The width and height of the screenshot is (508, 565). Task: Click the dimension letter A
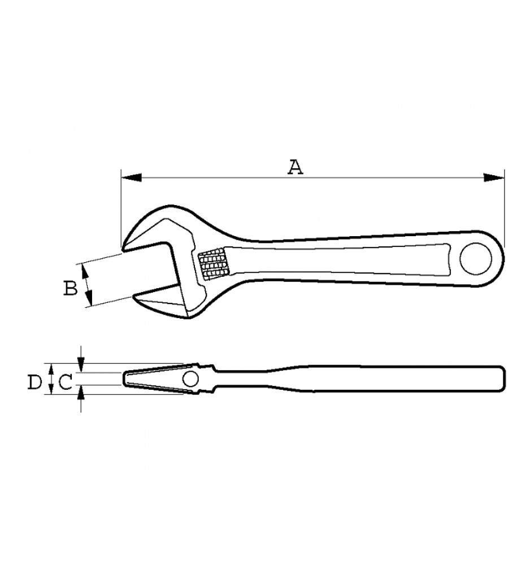tap(295, 168)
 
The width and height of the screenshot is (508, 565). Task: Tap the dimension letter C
tap(66, 382)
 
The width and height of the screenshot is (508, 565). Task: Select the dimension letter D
tap(35, 382)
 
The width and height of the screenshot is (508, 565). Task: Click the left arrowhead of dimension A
tap(131, 177)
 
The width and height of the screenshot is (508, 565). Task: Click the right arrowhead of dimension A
tap(494, 177)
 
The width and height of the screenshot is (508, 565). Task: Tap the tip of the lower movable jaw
tap(134, 296)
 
